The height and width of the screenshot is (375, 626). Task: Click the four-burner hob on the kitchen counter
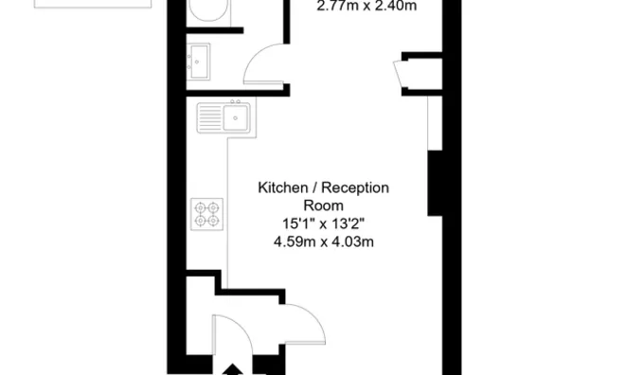[205, 212]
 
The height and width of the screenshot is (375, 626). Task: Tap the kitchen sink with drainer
[224, 118]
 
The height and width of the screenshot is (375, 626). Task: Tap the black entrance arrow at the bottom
[231, 368]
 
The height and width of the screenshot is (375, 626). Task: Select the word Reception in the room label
[356, 187]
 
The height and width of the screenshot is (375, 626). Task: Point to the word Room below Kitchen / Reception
[323, 205]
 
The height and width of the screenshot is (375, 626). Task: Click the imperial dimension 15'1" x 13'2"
[323, 223]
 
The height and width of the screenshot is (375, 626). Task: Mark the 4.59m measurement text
[293, 241]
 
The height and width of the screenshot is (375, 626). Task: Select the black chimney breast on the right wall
[437, 184]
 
